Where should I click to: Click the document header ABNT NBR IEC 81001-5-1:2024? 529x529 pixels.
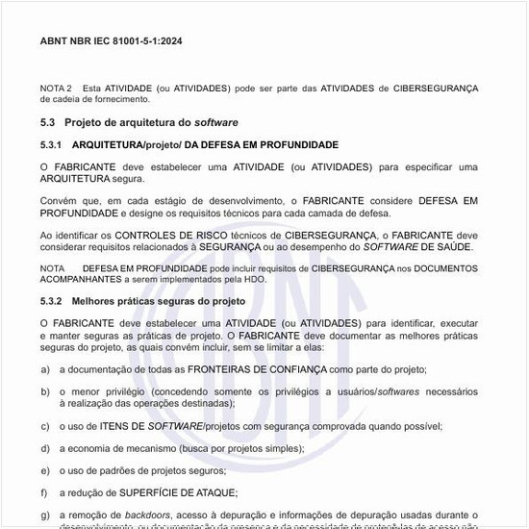tap(110, 41)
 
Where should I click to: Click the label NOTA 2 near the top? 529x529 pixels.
tap(56, 88)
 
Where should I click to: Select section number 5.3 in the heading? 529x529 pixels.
tap(47, 122)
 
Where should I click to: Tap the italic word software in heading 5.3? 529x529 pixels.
tap(216, 122)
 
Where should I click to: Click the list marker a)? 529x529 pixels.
tap(45, 369)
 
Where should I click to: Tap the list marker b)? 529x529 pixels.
tap(45, 391)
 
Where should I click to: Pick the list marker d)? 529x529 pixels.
tap(45, 448)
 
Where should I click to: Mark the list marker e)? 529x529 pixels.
tap(45, 470)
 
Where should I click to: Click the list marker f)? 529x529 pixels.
tap(45, 493)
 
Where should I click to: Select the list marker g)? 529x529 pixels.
tap(45, 516)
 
